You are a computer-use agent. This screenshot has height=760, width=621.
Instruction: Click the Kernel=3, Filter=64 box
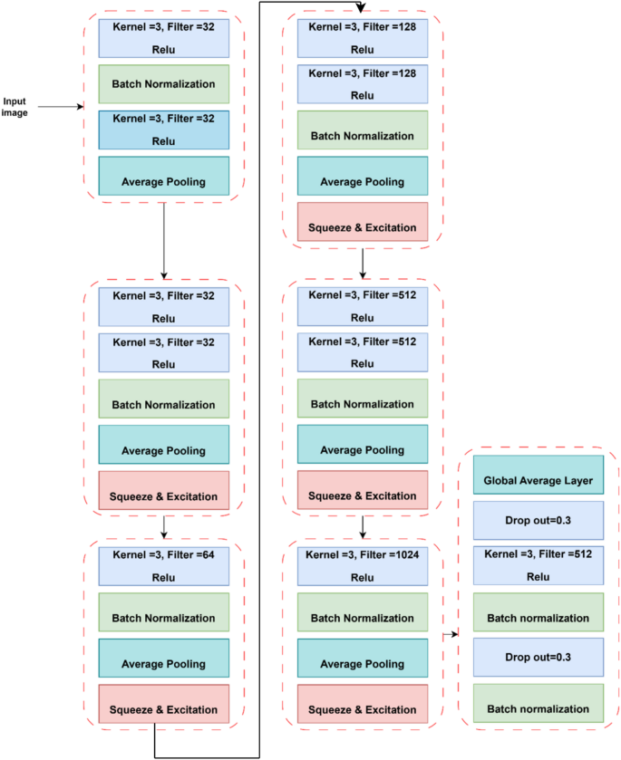(x=164, y=565)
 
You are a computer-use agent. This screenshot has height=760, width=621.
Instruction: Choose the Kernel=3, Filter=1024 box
(x=363, y=565)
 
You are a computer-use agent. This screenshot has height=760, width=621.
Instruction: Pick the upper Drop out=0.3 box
(x=538, y=521)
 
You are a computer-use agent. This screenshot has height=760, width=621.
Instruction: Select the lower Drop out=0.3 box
(x=538, y=656)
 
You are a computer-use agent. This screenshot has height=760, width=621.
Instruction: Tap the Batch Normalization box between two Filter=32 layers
(x=164, y=82)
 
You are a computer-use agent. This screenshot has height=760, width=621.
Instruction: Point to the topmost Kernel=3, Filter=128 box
(x=363, y=37)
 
